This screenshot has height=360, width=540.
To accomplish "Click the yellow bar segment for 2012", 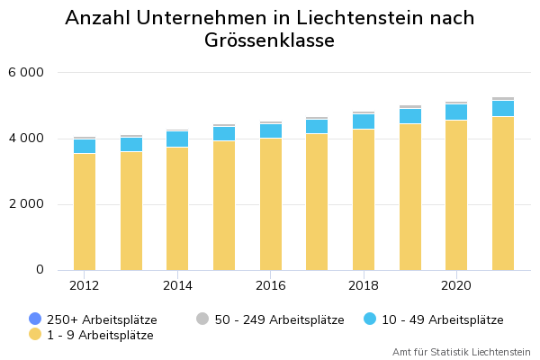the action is pos(85,211).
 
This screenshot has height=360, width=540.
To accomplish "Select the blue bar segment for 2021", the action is pos(503,109).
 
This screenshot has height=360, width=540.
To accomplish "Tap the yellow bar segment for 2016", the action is pos(271,204).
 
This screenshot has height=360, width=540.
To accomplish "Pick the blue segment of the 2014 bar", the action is pos(177,139).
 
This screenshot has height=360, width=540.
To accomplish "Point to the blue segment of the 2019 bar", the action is pos(410,116).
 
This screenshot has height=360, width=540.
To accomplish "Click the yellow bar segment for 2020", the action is pos(456,195).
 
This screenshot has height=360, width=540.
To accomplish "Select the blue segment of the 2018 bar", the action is pos(364,121).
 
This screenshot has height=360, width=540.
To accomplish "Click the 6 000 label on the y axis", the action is pos(26,72).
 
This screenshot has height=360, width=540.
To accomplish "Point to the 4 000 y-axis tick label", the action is pos(26,138).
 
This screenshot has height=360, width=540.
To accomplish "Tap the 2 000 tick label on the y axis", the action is pos(26,204).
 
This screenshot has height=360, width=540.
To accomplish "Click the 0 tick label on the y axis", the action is pos(40,269).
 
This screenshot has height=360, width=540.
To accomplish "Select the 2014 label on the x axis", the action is pos(177,285).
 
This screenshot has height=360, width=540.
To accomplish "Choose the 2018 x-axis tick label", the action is pos(364,285).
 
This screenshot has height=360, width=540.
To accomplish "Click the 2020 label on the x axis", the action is pos(456,285).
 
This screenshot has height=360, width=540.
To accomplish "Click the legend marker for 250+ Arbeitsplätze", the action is pos(35,319).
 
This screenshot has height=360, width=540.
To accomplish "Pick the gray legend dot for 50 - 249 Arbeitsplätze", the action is pos(202,319).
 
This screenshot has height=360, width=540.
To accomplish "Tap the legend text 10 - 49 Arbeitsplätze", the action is pos(443,320).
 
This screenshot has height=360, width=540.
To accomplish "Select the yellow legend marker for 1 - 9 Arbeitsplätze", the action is pos(35,334).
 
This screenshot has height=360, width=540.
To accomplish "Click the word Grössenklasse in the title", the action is pos(269,40).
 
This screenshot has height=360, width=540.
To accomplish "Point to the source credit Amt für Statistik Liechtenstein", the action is pos(462,352).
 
